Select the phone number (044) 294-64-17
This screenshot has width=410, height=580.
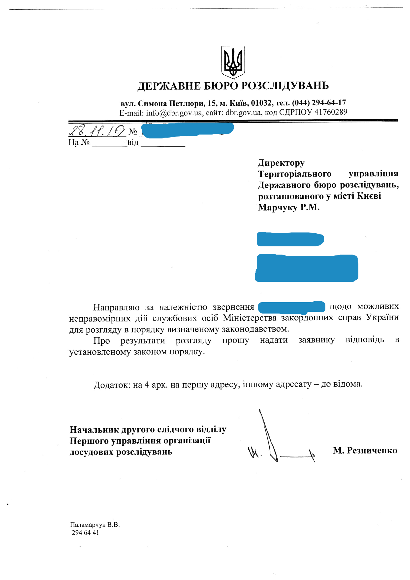pyautogui.click(x=319, y=103)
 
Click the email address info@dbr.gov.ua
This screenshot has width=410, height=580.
pyautogui.click(x=174, y=113)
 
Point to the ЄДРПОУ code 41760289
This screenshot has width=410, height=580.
pyautogui.click(x=331, y=112)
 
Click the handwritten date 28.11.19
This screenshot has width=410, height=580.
pyautogui.click(x=96, y=131)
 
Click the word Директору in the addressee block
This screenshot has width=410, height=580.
pyautogui.click(x=281, y=163)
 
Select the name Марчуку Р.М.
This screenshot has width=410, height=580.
pyautogui.click(x=288, y=207)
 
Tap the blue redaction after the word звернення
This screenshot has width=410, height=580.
pyautogui.click(x=291, y=307)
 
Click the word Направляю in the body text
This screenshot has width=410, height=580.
pyautogui.click(x=116, y=307)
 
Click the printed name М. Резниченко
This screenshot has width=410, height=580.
pyautogui.click(x=365, y=450)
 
